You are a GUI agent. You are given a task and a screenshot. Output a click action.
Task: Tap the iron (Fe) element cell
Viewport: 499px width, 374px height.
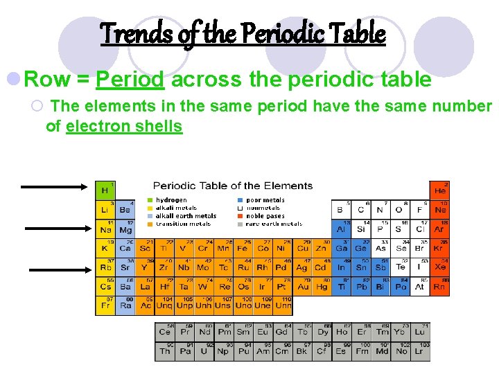tap(243, 248)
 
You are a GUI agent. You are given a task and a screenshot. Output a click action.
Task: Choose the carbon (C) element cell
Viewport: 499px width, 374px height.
tap(360, 209)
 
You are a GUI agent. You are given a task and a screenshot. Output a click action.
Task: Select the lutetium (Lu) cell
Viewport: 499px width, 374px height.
tap(420, 332)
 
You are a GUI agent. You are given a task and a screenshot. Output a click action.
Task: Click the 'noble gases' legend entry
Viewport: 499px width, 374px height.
tap(264, 216)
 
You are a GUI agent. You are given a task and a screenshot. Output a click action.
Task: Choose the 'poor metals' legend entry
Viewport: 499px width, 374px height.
tap(265, 200)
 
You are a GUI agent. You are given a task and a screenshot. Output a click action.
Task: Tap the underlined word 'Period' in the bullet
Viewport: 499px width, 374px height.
tap(130, 80)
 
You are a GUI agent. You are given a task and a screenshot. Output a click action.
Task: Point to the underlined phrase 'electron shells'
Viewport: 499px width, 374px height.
tap(124, 126)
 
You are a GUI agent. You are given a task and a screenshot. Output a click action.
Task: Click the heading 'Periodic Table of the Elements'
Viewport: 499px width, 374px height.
tap(232, 186)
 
